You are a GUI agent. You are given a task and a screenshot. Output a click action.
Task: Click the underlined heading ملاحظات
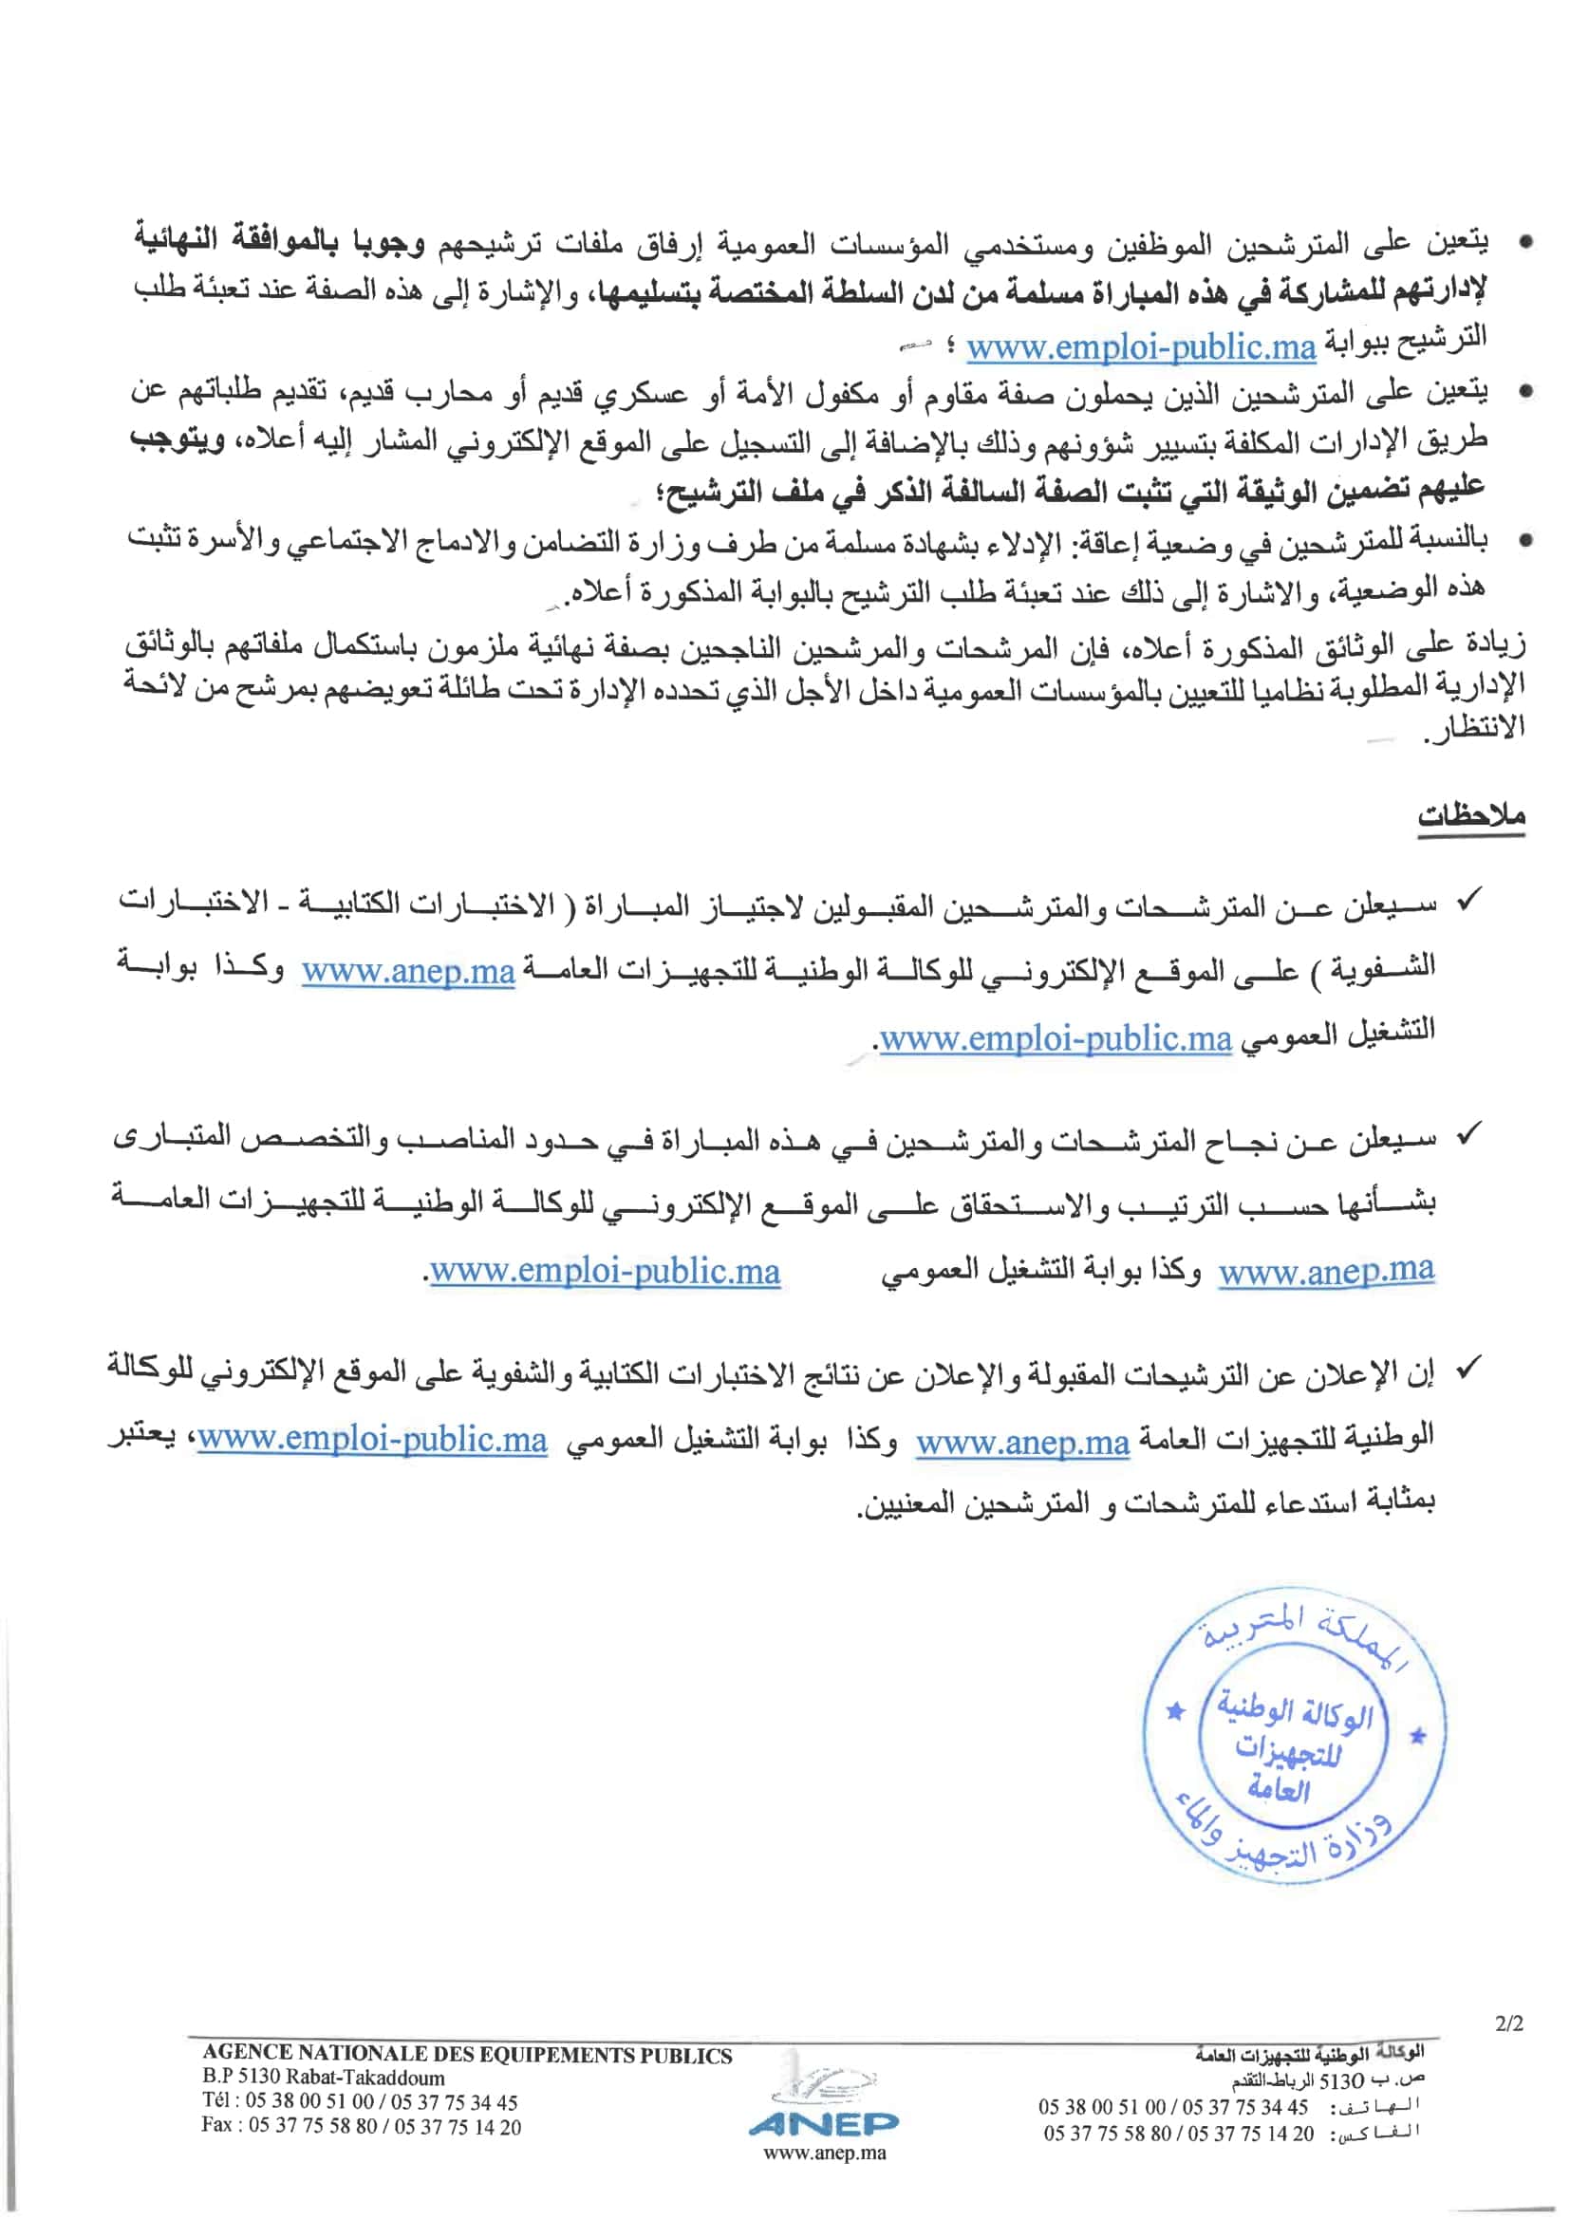pyautogui.click(x=1470, y=814)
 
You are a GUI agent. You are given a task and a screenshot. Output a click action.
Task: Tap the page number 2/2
pyautogui.click(x=1508, y=2023)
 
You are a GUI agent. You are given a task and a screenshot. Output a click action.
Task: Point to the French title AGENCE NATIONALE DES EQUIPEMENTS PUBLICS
pyautogui.click(x=467, y=2056)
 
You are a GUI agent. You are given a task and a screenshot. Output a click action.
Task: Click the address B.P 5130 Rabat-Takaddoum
pyautogui.click(x=324, y=2078)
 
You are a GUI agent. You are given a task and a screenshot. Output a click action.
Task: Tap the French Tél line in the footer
pyautogui.click(x=360, y=2102)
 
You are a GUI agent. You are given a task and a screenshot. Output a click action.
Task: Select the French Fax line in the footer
pyautogui.click(x=361, y=2126)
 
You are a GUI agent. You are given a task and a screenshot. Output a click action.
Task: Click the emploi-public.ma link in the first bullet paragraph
pyautogui.click(x=1141, y=347)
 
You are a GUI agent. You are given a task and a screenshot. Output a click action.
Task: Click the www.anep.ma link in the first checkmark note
pyautogui.click(x=408, y=970)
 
